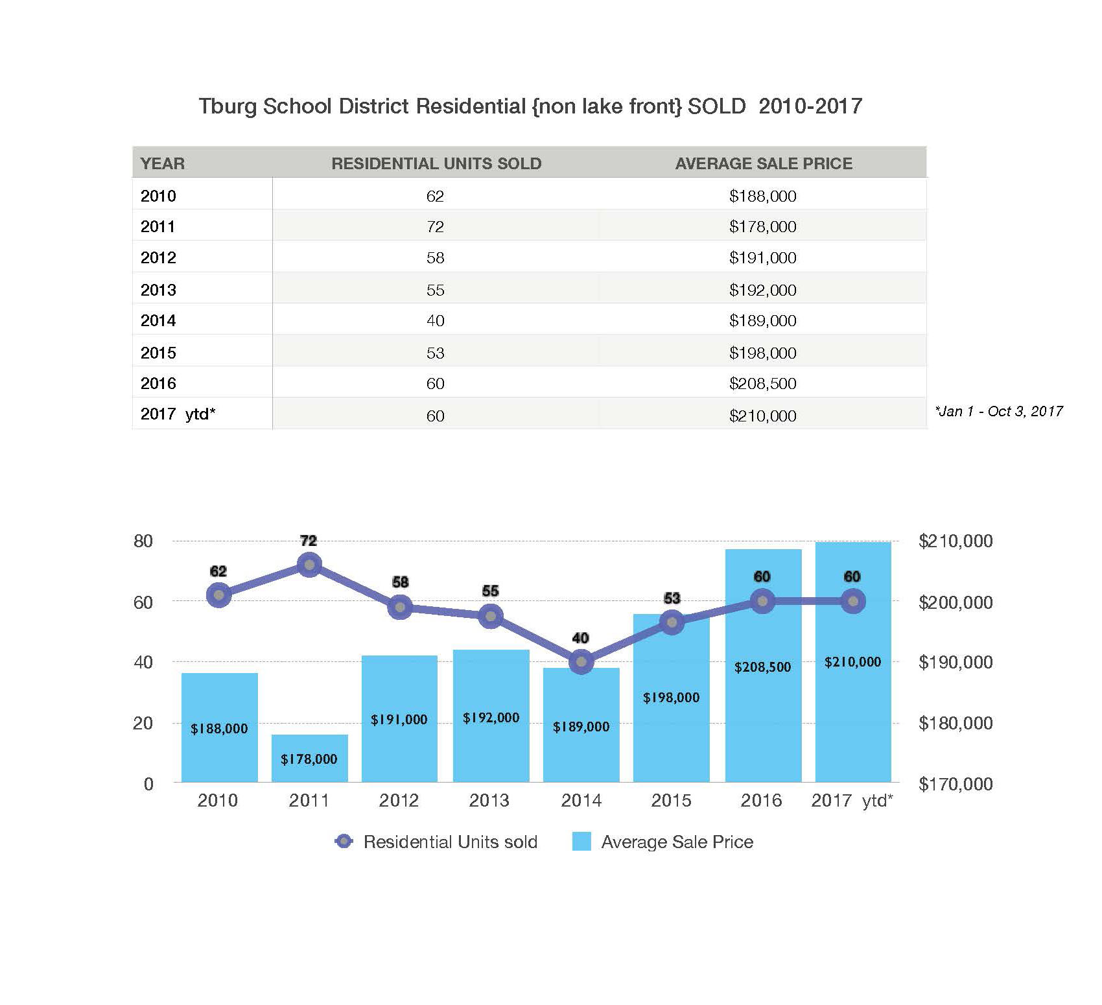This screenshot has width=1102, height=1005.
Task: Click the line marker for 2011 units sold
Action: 309,565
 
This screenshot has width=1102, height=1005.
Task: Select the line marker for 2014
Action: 581,662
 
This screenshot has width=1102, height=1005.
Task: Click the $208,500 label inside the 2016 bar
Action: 762,667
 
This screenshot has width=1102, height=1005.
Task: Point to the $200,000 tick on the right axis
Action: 955,602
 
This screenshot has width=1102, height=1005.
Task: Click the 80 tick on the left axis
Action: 143,541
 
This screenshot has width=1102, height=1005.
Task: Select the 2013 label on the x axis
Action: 489,801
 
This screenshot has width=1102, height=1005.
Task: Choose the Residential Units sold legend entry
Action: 437,842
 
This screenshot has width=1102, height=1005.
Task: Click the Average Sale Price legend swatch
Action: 581,842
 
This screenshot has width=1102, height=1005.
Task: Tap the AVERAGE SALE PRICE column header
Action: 764,163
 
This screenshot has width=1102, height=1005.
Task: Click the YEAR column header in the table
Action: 163,163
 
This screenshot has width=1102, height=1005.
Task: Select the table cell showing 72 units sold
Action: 435,226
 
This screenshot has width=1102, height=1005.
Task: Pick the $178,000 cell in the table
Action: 762,226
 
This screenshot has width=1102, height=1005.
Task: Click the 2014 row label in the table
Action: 158,320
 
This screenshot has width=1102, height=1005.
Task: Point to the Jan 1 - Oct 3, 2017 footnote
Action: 998,411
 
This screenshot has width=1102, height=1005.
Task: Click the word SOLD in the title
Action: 716,106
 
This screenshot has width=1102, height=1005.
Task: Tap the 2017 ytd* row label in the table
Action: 178,414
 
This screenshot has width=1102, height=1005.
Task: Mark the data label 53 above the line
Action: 672,598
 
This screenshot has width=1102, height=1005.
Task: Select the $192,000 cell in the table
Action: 762,290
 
